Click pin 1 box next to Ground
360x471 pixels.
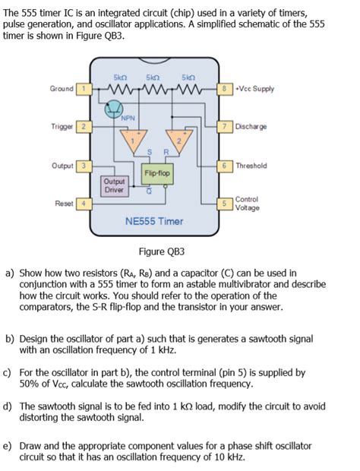(x=86, y=89)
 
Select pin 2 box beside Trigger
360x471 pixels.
(x=86, y=126)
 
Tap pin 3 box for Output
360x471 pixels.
(x=86, y=165)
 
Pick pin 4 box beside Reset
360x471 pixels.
(x=86, y=203)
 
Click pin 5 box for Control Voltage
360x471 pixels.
(x=225, y=203)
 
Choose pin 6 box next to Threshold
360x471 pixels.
(x=225, y=165)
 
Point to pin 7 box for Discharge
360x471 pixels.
(x=225, y=126)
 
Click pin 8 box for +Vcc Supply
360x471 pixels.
(x=225, y=89)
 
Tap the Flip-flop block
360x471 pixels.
(x=158, y=174)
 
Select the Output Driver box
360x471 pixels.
(x=115, y=185)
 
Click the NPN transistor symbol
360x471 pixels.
(x=115, y=110)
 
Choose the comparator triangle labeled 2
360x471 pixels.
(x=180, y=141)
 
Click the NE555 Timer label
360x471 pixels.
(x=154, y=222)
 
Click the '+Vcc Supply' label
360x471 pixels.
(x=254, y=89)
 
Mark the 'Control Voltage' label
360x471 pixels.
(x=248, y=203)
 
